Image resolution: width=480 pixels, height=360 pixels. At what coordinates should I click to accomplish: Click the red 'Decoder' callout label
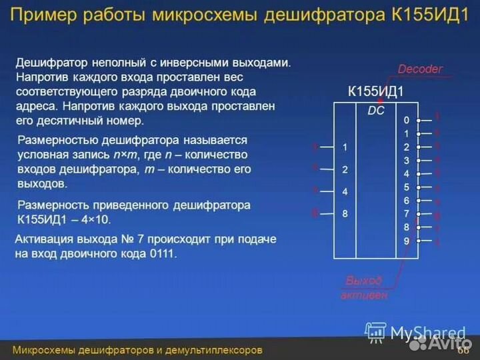[420, 69]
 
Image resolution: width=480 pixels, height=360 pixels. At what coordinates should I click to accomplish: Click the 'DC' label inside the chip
[376, 111]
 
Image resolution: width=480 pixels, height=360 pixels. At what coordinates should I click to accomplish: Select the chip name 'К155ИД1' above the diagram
[376, 92]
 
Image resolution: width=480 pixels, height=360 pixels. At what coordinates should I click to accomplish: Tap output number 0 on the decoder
[406, 121]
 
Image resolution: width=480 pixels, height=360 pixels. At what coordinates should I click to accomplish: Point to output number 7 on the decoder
[406, 213]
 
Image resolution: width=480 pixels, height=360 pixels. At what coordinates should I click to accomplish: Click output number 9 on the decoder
[406, 240]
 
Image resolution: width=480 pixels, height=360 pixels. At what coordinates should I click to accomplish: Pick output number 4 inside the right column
[406, 174]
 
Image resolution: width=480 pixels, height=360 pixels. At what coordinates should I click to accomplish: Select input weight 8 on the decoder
[345, 214]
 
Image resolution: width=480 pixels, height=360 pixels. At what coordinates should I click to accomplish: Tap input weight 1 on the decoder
[345, 146]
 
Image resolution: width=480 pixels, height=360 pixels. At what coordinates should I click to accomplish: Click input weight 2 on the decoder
[345, 169]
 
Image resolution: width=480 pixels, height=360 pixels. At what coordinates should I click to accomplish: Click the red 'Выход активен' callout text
[364, 287]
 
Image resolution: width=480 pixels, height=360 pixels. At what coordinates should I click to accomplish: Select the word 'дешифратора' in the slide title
[341, 16]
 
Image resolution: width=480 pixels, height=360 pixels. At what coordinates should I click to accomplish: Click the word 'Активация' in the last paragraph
[46, 239]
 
